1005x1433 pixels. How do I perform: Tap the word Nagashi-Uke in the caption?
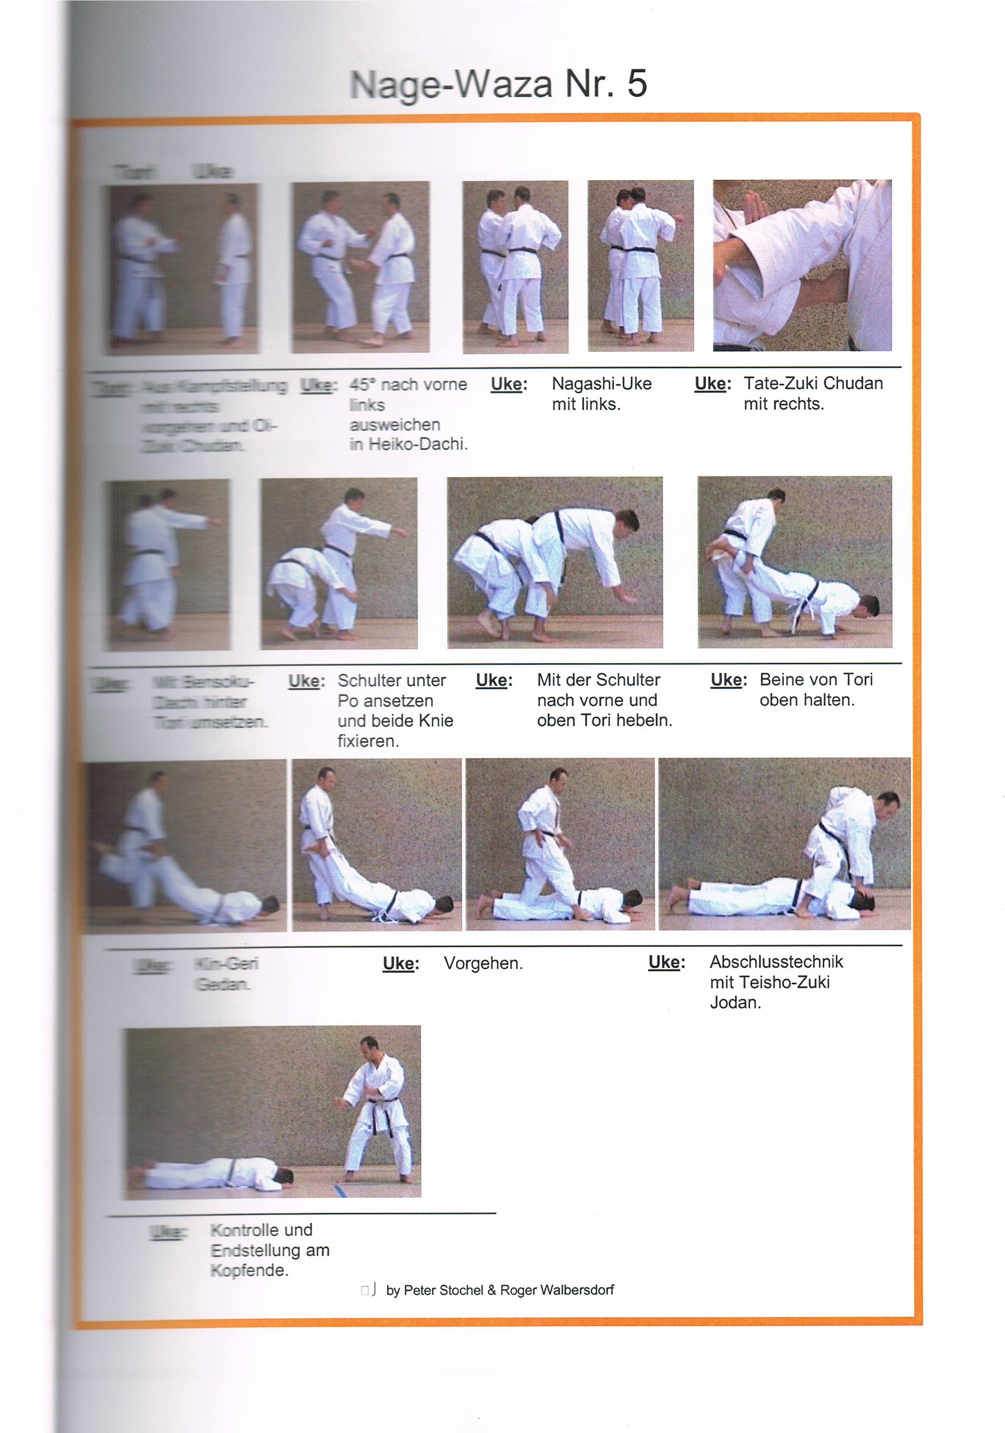tap(601, 383)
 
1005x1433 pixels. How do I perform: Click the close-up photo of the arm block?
tap(802, 265)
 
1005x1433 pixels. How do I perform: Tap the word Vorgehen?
tap(483, 963)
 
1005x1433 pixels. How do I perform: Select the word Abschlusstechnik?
tap(776, 961)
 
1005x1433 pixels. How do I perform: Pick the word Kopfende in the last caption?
tap(249, 1270)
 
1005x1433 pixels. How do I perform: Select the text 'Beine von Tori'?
tap(816, 680)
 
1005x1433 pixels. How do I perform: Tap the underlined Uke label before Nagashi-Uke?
tap(509, 384)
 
